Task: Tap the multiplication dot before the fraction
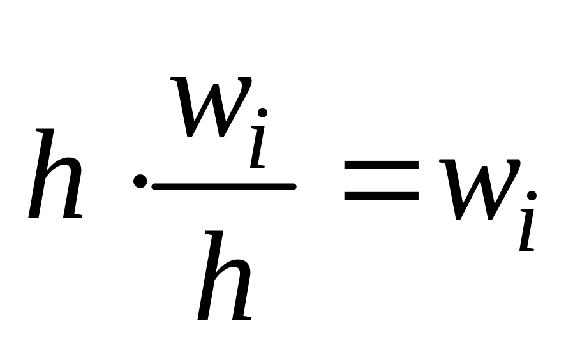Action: click(x=139, y=182)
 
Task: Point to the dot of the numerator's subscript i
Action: click(x=262, y=112)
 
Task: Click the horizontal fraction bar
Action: click(x=223, y=186)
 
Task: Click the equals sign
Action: click(x=381, y=181)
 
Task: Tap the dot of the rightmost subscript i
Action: click(x=531, y=195)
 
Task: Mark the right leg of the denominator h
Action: click(x=242, y=297)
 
